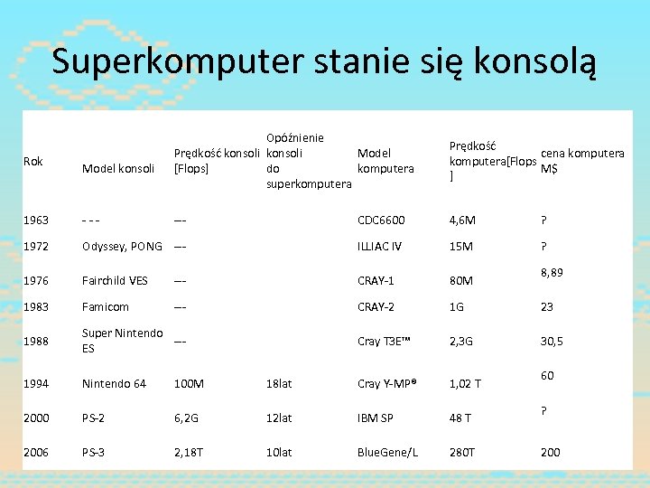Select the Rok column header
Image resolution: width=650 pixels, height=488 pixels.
[x=33, y=161]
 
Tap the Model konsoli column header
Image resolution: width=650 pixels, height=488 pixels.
[x=118, y=168]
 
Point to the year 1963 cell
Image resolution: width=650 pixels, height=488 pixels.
[x=37, y=220]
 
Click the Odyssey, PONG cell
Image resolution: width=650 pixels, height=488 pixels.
[x=122, y=246]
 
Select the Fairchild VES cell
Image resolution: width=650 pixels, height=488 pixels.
[x=115, y=280]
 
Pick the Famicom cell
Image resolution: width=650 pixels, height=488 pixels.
[x=105, y=307]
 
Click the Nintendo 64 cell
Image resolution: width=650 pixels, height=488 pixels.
[x=114, y=384]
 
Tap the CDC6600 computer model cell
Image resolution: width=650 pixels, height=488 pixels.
[x=381, y=220]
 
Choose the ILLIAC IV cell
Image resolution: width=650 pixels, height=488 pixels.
[x=379, y=246]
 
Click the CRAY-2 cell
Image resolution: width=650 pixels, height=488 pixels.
[x=376, y=307]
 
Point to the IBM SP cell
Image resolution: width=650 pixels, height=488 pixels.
[x=376, y=418]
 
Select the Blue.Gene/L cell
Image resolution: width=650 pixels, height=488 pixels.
[x=387, y=452]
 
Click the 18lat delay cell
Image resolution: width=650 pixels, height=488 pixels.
[x=279, y=384]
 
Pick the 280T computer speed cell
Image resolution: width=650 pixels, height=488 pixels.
[x=462, y=452]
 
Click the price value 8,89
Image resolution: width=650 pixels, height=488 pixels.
[x=552, y=272]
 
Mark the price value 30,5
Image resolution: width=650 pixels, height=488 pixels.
[x=552, y=341]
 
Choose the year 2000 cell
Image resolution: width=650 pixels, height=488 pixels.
[x=37, y=418]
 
